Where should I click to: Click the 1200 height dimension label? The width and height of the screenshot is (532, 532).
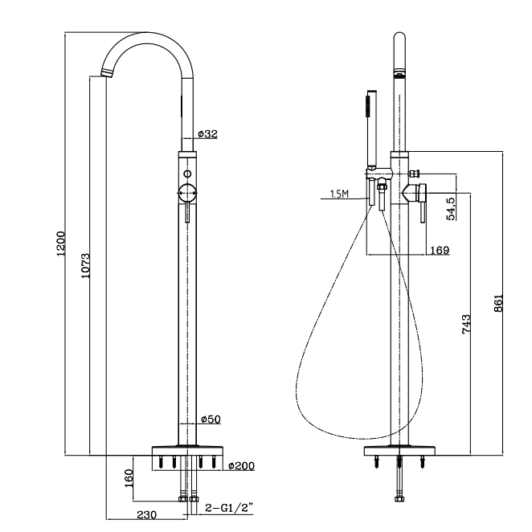point(60,243)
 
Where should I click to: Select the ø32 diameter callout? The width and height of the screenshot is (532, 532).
point(207,133)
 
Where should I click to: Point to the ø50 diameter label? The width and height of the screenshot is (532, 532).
point(210,419)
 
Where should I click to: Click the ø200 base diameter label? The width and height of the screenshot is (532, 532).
point(241,466)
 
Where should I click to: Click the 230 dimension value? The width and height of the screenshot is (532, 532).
point(146,514)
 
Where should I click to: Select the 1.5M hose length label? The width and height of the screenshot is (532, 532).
point(339,194)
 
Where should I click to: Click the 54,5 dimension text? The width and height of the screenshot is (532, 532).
point(451,208)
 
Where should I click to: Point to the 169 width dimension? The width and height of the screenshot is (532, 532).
point(439,250)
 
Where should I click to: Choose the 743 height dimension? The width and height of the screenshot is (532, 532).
point(466,324)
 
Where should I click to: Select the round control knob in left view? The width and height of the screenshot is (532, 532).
point(187,193)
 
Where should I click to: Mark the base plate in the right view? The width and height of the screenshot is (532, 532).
point(399,452)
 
